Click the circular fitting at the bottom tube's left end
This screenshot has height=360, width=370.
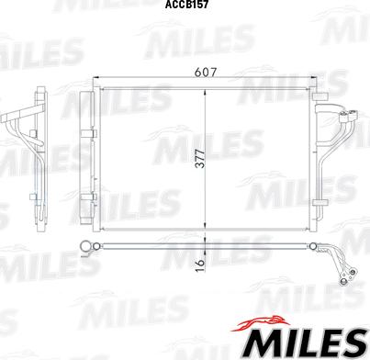(x=89, y=245)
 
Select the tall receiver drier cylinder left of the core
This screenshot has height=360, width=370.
(x=89, y=161)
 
